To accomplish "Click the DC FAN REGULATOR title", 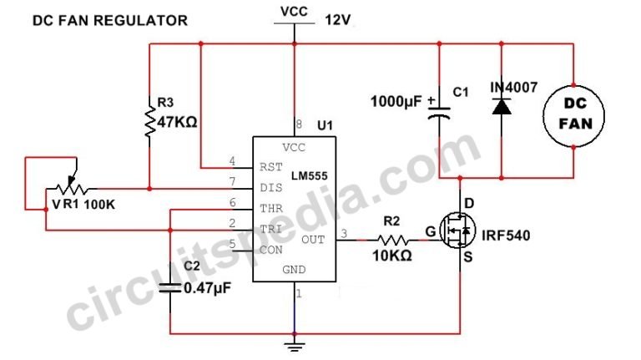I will click(109, 20).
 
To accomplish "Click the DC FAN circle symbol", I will click(574, 112).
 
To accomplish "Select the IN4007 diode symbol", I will click(501, 107).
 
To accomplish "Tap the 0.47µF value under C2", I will click(206, 289).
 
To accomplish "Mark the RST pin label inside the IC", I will click(270, 165).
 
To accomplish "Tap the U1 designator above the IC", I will click(325, 126).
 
